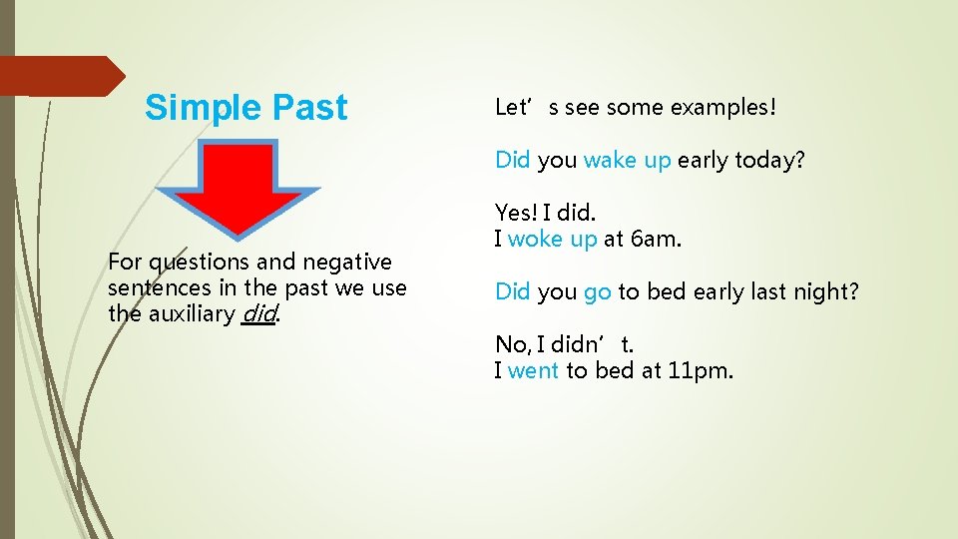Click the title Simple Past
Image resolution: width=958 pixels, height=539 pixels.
(x=245, y=108)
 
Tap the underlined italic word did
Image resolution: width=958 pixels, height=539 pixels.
(x=258, y=314)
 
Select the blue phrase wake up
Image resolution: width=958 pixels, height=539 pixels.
(x=627, y=160)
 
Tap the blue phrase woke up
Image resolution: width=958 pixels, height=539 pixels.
(x=552, y=240)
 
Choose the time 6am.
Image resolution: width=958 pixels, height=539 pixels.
(x=653, y=240)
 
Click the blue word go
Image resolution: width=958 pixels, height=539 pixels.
(x=597, y=291)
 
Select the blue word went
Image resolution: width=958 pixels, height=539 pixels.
(x=533, y=371)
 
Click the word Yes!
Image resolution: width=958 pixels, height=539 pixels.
(x=516, y=213)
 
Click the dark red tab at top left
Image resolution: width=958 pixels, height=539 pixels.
(x=60, y=76)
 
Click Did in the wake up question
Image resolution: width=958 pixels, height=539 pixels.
(x=513, y=160)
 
